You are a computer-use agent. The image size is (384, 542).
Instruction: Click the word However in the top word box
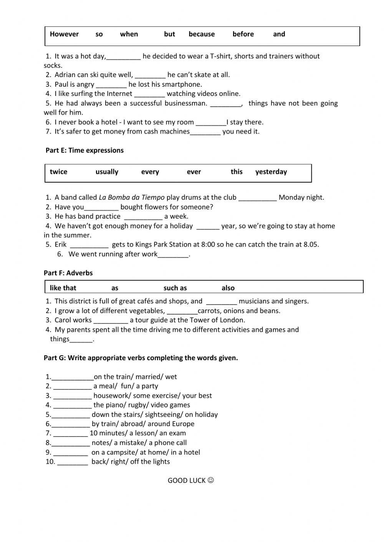tap(64, 34)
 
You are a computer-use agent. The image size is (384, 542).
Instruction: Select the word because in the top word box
tap(202, 34)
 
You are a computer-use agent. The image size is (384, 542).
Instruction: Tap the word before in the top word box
tap(243, 34)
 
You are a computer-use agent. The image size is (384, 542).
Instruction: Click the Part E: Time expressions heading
tap(84, 150)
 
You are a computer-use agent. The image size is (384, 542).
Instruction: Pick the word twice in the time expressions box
tap(58, 172)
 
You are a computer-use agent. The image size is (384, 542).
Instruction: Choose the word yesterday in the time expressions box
tap(271, 172)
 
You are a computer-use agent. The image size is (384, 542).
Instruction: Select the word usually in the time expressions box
tap(107, 172)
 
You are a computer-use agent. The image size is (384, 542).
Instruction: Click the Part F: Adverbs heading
tap(68, 273)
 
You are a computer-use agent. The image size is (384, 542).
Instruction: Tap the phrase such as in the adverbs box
tap(175, 288)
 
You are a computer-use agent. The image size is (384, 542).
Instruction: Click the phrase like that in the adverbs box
tap(63, 288)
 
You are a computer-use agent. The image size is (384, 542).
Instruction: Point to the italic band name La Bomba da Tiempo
tap(132, 198)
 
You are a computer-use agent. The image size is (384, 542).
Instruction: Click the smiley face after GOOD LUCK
tap(210, 480)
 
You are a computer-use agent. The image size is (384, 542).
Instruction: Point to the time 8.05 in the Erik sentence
tap(311, 245)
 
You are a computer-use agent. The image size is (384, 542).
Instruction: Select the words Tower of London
tap(219, 320)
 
